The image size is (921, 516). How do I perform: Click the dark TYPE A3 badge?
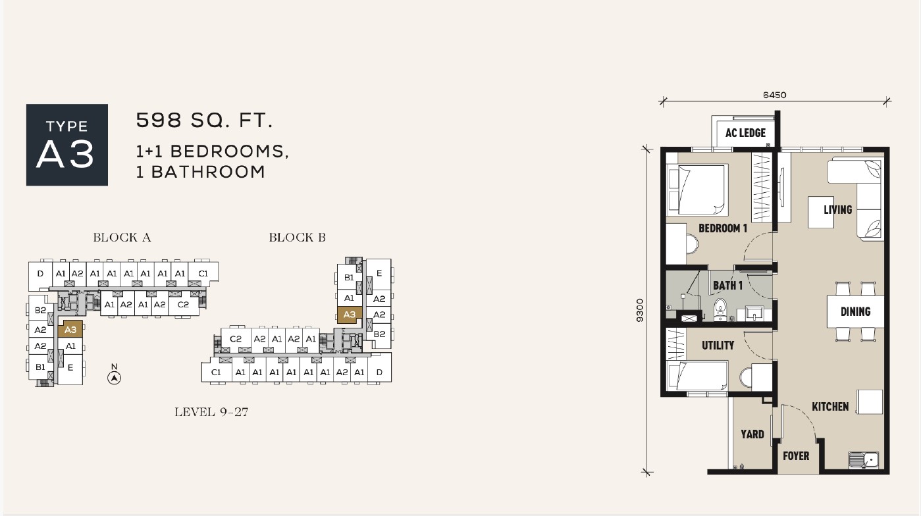point(67,145)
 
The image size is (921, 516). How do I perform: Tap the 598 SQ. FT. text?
point(204,120)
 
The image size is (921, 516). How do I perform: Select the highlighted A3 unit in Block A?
point(70,329)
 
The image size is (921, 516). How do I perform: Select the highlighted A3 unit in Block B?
point(349,315)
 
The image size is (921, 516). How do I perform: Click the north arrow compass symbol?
point(115,378)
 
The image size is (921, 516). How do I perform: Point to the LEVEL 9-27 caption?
point(211,412)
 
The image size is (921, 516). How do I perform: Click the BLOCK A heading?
point(122,237)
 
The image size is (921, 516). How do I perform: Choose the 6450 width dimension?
point(775,95)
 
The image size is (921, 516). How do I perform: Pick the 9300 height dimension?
point(640,311)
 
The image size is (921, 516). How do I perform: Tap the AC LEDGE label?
point(745,133)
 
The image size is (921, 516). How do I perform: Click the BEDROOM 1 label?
point(723,228)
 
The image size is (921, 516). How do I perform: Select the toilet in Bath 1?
point(720,309)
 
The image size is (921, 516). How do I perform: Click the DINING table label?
point(856,312)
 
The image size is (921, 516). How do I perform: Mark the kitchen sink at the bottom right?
point(864,460)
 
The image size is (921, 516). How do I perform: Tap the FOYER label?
point(796,456)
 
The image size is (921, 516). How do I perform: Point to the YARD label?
point(752,434)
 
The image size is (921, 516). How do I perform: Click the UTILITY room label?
point(718,346)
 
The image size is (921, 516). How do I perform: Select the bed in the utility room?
point(697,376)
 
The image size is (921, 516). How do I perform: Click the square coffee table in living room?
point(821,212)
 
